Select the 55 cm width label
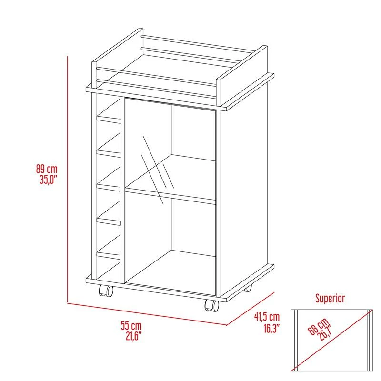click(x=131, y=326)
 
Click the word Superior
click(x=330, y=299)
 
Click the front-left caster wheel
click(x=105, y=291)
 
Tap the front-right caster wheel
click(x=212, y=306)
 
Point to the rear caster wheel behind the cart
click(x=248, y=289)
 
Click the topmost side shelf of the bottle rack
click(x=109, y=118)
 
